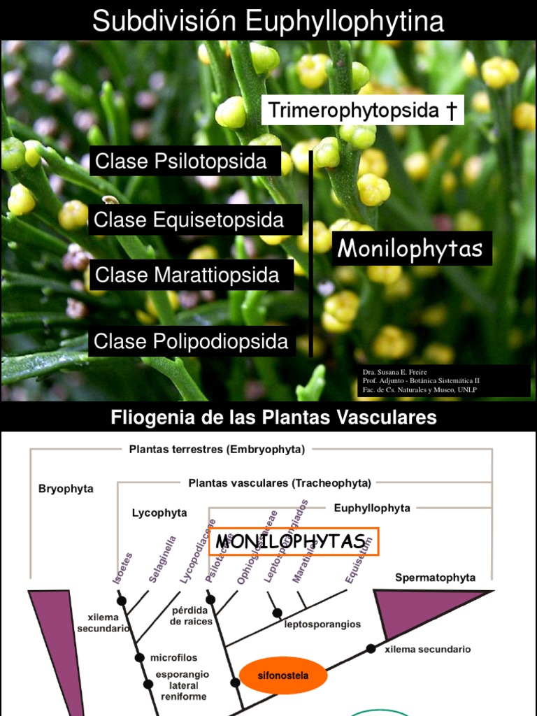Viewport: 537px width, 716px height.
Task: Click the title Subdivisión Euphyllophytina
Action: click(x=268, y=21)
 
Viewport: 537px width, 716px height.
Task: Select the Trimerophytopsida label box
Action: click(x=362, y=110)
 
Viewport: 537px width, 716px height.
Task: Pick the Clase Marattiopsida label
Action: click(x=187, y=275)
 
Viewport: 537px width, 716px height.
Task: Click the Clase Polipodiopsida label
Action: click(x=192, y=341)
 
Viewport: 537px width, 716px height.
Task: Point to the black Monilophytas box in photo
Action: click(x=411, y=249)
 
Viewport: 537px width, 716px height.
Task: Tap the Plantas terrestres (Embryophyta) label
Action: click(x=217, y=450)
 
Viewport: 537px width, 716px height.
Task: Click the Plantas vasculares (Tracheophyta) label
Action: click(x=280, y=482)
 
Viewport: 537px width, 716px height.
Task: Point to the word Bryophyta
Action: click(x=66, y=489)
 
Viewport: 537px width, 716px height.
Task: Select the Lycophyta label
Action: click(x=159, y=513)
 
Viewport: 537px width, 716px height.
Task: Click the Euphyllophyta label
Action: click(x=372, y=508)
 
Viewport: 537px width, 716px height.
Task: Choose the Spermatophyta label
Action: click(x=435, y=578)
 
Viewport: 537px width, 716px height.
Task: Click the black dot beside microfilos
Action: click(x=139, y=658)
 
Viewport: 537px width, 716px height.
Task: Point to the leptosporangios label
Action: click(x=322, y=624)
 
